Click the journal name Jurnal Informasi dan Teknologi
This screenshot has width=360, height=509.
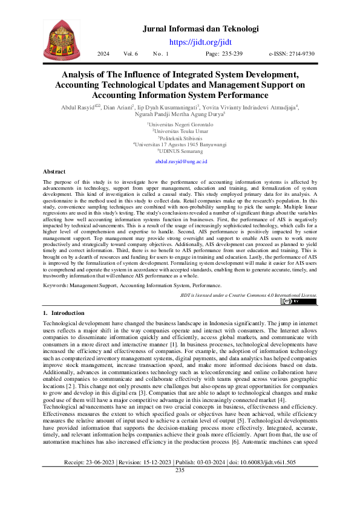pos(200,28)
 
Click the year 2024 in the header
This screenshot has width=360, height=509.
pos(103,54)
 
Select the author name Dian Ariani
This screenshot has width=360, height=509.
pos(135,107)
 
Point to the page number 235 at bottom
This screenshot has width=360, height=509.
pos(180,487)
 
